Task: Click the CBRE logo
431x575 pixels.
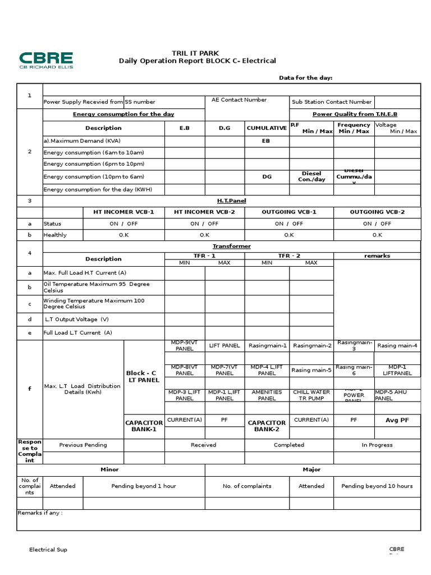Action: pyautogui.click(x=46, y=60)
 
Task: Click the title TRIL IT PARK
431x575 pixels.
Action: pyautogui.click(x=195, y=53)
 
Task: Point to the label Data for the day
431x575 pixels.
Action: pyautogui.click(x=306, y=77)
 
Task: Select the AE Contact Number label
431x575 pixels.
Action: pyautogui.click(x=239, y=99)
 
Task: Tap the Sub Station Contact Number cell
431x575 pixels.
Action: pyautogui.click(x=331, y=102)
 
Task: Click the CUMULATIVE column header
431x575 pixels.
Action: pyautogui.click(x=267, y=128)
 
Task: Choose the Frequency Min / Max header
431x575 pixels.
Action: pyautogui.click(x=354, y=128)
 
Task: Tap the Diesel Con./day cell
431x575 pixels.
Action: pyautogui.click(x=311, y=176)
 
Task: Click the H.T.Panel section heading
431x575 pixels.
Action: pyautogui.click(x=231, y=200)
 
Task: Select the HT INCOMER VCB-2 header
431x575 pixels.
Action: pyautogui.click(x=204, y=212)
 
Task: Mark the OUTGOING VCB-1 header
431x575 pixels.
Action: pyautogui.click(x=289, y=212)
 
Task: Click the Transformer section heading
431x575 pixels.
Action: pyautogui.click(x=231, y=246)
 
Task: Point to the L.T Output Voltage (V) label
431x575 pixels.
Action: pyautogui.click(x=77, y=319)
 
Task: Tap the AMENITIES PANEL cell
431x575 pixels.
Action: pyautogui.click(x=267, y=395)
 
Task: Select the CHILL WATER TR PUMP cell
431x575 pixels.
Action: pyautogui.click(x=311, y=395)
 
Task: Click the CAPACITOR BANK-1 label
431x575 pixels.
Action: pyautogui.click(x=144, y=426)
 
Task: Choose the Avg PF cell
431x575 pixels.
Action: pyautogui.click(x=397, y=420)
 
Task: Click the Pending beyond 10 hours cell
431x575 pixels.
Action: pyautogui.click(x=377, y=486)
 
